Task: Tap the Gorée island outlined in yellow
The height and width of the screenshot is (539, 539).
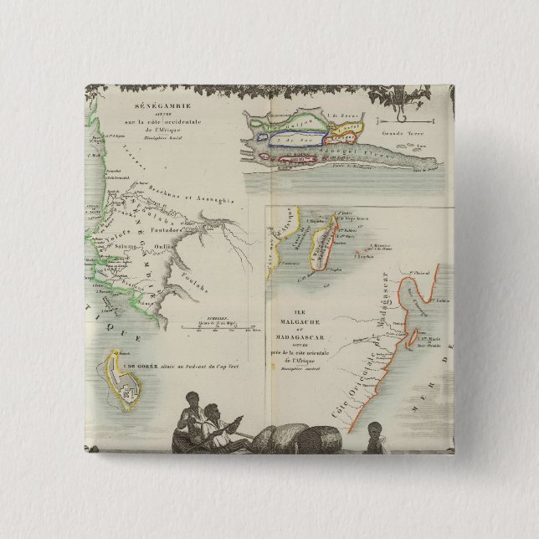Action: [x=126, y=378]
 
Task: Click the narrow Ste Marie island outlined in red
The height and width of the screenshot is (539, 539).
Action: [x=412, y=338]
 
